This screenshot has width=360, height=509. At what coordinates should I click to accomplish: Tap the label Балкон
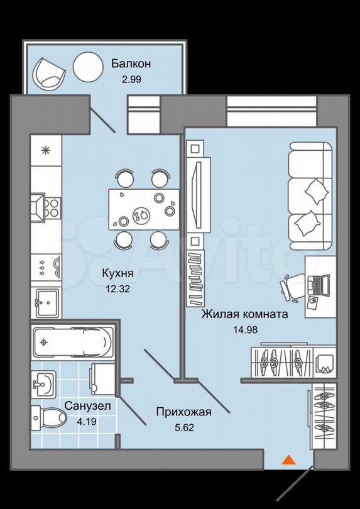131,63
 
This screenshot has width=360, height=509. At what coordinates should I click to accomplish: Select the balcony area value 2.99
131,80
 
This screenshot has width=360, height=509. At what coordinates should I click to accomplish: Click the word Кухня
117,273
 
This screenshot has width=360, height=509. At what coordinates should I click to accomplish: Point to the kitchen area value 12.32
118,288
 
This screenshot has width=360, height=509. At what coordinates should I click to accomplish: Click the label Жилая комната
245,314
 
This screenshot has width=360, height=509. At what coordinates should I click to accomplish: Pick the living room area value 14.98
245,330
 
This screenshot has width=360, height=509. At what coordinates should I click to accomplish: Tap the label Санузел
88,405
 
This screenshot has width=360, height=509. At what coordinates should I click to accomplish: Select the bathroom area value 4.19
87,422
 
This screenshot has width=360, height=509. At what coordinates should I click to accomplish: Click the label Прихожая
183,412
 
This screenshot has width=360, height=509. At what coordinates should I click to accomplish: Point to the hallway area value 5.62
184,427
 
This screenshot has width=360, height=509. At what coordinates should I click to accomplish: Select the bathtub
73,342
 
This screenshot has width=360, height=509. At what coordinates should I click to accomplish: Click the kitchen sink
46,303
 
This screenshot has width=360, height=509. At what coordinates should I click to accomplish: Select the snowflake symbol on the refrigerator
46,150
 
